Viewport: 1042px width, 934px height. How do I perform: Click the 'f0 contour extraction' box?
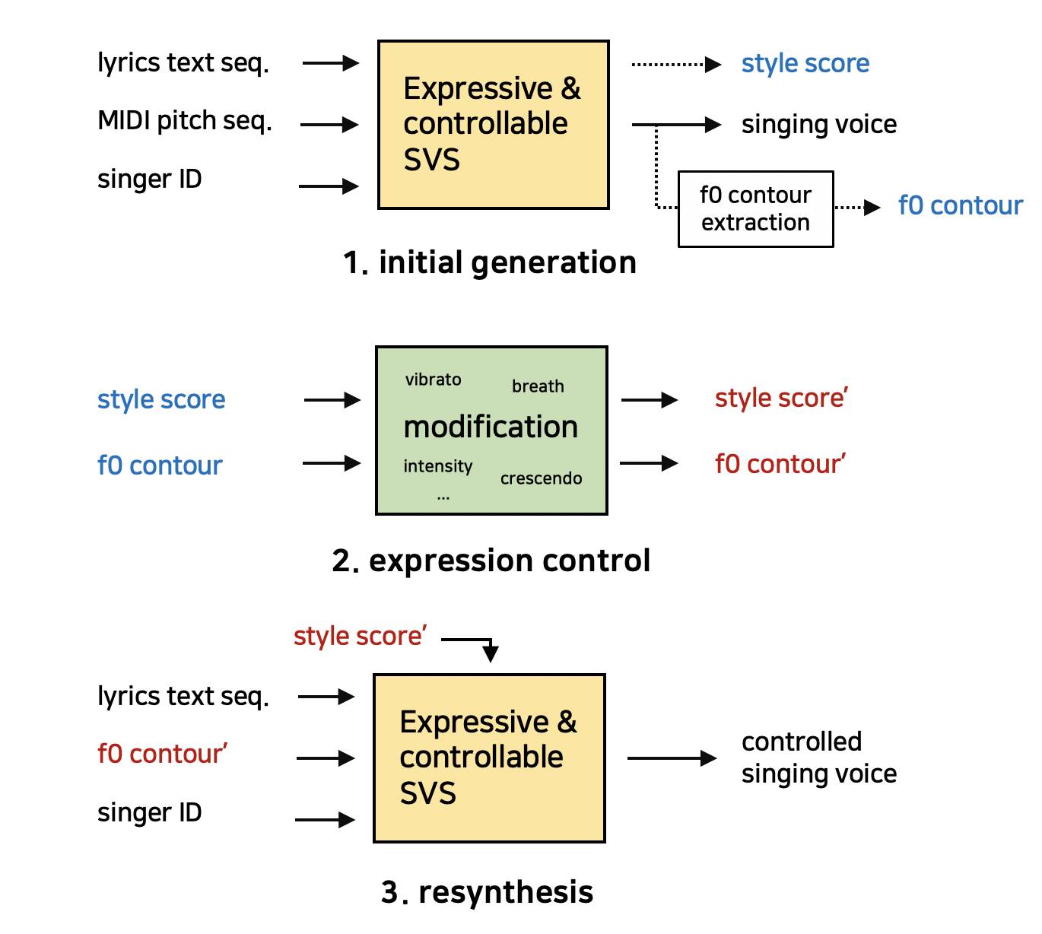tap(755, 209)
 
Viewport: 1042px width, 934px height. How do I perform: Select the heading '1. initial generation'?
tap(489, 262)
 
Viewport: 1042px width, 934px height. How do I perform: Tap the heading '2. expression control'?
tap(491, 560)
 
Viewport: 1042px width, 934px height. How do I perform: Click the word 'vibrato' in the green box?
tap(433, 380)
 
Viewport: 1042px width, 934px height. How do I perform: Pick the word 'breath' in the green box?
tap(538, 386)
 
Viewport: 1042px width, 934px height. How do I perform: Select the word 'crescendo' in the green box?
tap(541, 478)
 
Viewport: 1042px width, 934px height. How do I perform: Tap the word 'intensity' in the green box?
tap(437, 466)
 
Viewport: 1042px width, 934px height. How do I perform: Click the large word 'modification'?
tap(491, 427)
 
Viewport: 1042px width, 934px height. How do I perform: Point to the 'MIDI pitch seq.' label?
tap(185, 121)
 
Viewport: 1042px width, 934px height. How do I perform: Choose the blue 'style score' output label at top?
tap(805, 64)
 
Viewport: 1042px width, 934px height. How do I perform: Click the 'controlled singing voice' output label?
tap(819, 758)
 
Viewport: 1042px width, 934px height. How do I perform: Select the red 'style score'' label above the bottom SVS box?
tap(360, 636)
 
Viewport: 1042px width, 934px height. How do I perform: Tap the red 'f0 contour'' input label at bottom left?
tap(163, 754)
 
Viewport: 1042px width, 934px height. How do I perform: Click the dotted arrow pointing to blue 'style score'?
tap(676, 65)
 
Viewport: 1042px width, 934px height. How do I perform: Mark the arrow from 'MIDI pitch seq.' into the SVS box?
tap(329, 125)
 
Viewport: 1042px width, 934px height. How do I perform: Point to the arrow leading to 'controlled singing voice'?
tap(672, 758)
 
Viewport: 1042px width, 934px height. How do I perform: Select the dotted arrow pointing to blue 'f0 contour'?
tap(857, 208)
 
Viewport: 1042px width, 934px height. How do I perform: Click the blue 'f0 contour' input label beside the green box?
tap(160, 465)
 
